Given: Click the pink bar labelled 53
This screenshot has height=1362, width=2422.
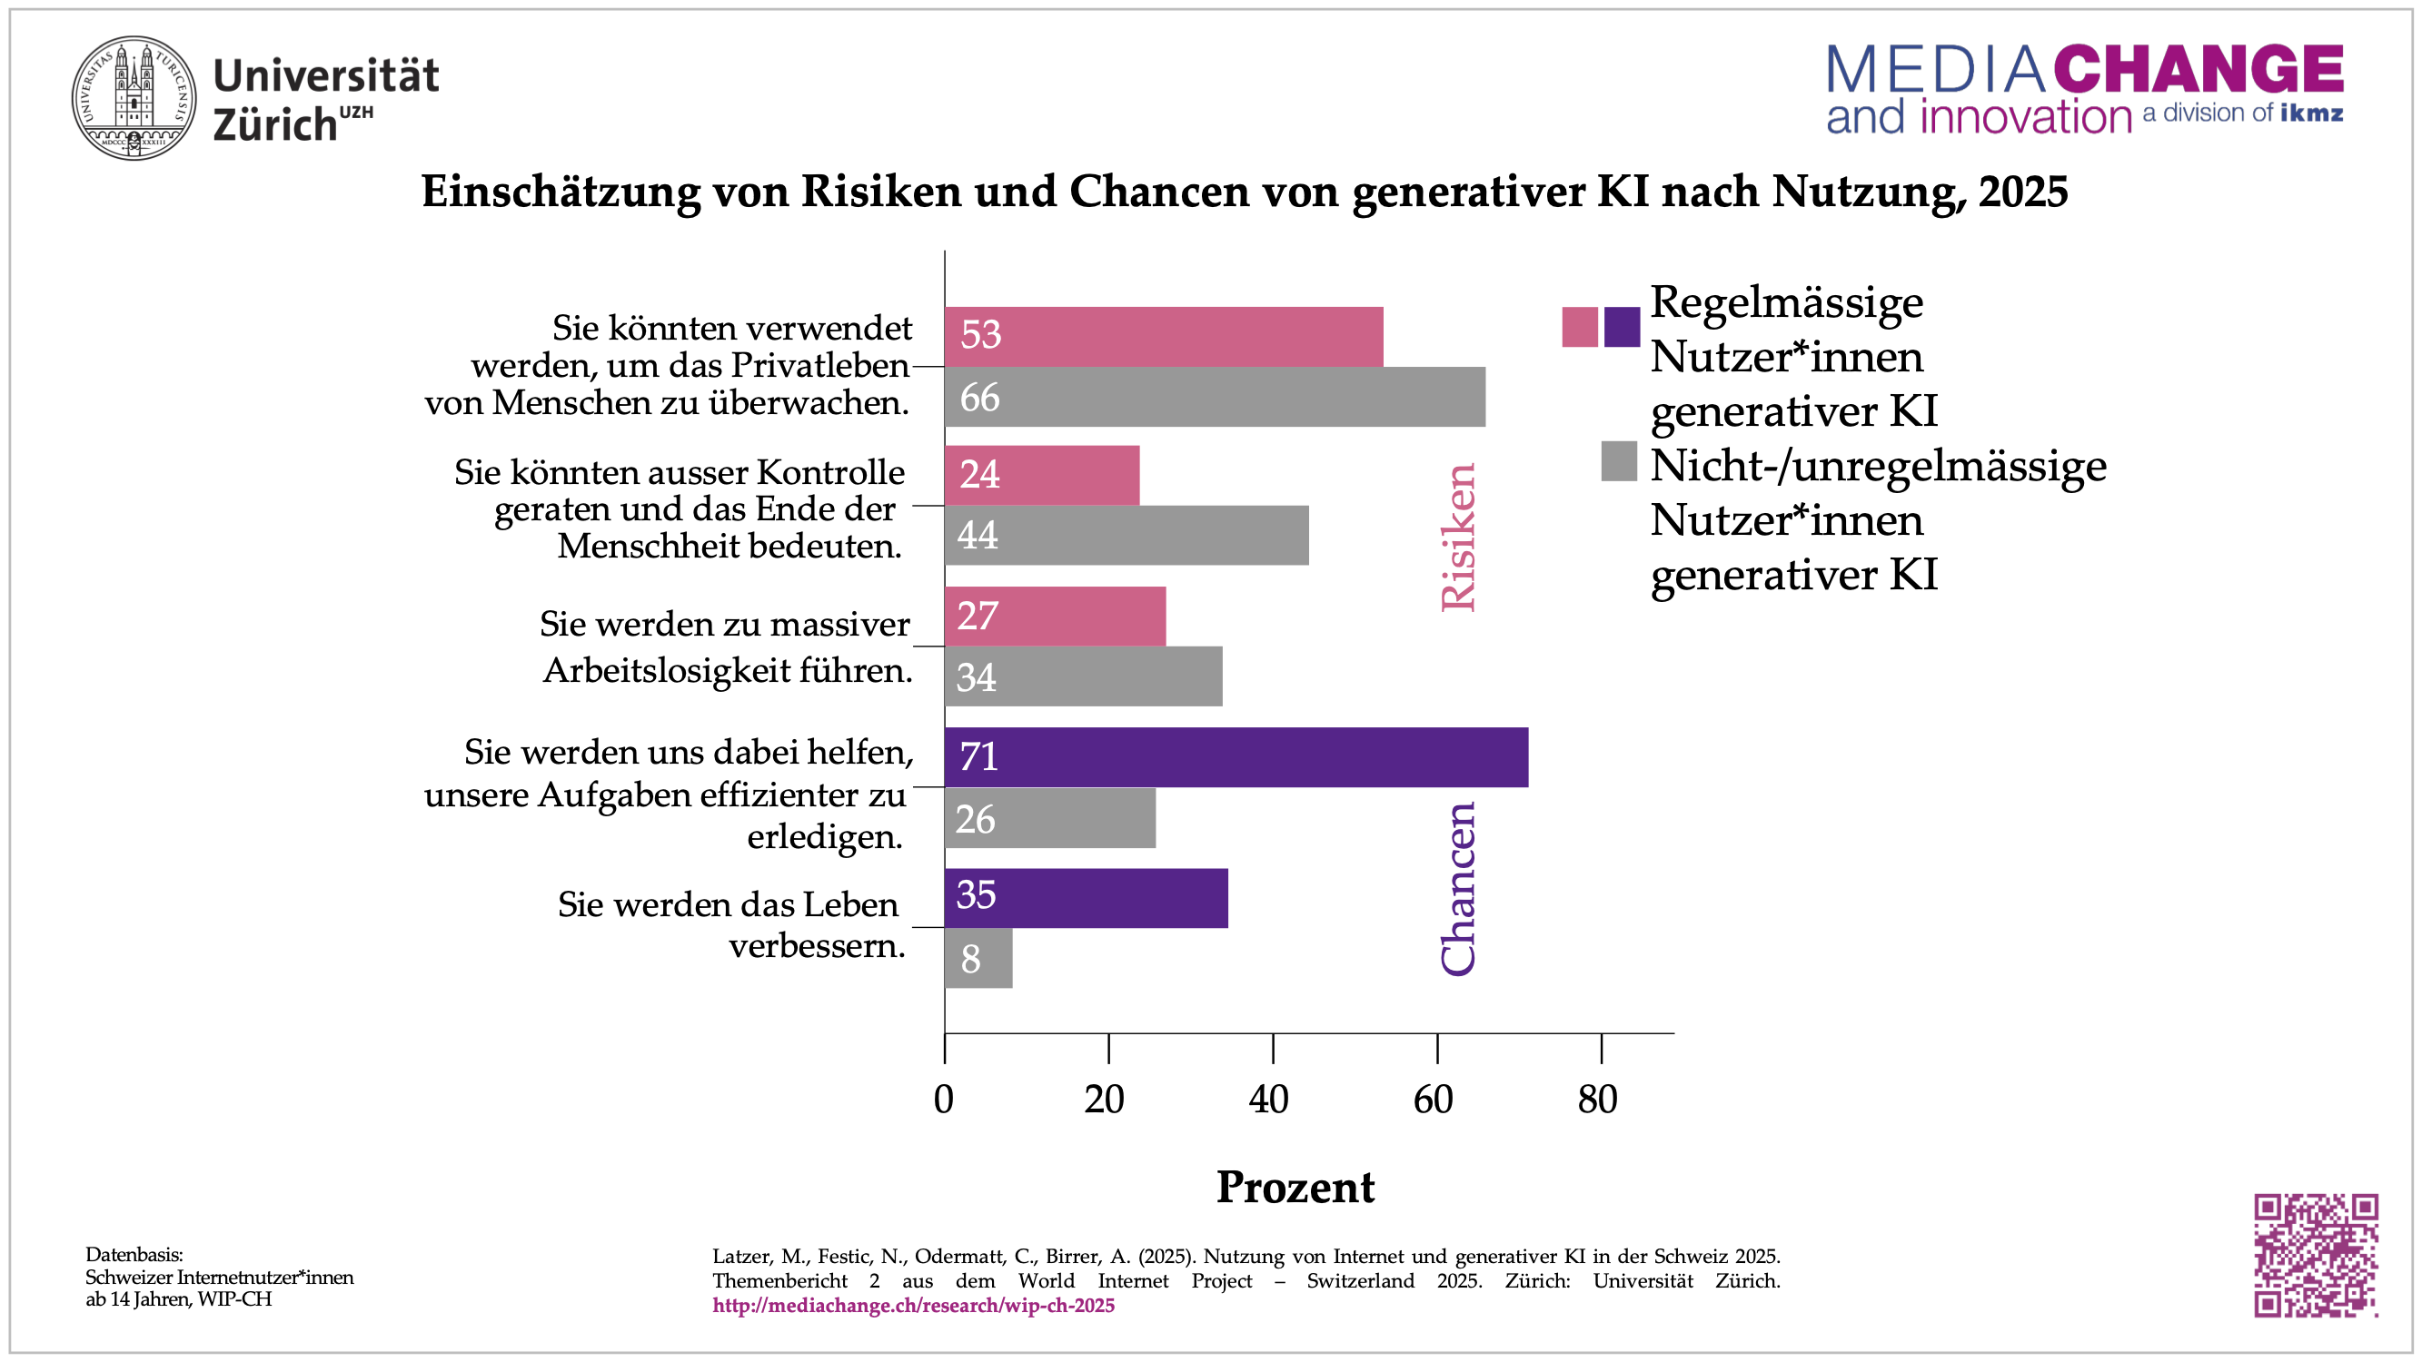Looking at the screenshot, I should [1163, 336].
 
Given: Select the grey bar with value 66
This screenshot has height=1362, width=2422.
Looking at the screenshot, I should [1215, 397].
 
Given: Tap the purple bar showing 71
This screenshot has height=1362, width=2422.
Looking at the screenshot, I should [1236, 756].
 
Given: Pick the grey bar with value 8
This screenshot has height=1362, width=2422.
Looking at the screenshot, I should [978, 958].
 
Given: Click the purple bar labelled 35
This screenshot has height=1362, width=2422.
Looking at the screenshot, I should [1086, 898].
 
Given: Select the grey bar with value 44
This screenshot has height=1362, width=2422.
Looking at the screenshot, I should [1127, 535].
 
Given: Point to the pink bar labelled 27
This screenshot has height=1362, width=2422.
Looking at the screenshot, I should [1055, 616].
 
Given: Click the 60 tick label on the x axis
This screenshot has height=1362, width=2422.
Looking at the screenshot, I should [1433, 1100].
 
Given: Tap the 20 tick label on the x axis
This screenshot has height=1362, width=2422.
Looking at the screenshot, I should [1105, 1100].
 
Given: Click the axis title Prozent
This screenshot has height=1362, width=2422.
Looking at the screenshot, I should [1295, 1187].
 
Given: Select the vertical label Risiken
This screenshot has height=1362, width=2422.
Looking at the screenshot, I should [1458, 537].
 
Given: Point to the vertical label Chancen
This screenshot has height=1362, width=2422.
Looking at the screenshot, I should [1458, 888].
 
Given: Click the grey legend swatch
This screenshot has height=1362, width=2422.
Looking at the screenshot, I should [1618, 461].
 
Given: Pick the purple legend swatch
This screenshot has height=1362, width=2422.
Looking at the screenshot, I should [1621, 327].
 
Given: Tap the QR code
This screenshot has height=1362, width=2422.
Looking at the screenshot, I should [2315, 1255].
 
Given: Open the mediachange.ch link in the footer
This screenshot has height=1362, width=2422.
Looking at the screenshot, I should [913, 1306].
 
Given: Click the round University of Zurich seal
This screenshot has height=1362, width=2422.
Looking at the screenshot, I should [134, 98].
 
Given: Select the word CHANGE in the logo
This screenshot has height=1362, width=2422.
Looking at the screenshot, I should [2199, 70].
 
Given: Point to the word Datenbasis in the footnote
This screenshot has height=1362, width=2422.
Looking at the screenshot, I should [134, 1255].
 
